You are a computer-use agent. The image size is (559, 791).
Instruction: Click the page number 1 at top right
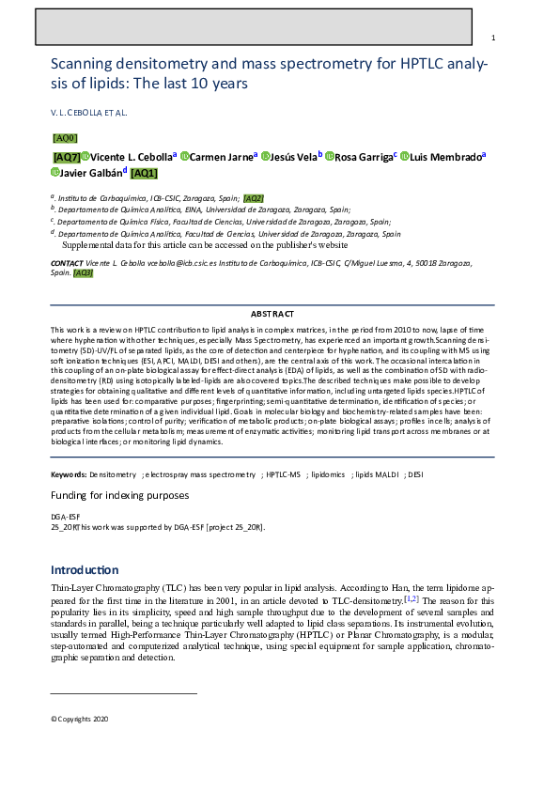pyautogui.click(x=493, y=38)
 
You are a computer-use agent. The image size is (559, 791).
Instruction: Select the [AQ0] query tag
pyautogui.click(x=65, y=137)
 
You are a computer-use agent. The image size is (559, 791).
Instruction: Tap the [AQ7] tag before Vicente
pyautogui.click(x=66, y=157)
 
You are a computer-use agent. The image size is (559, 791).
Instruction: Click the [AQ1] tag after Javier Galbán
pyautogui.click(x=144, y=173)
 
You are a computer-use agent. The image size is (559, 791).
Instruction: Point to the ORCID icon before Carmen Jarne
pyautogui.click(x=184, y=156)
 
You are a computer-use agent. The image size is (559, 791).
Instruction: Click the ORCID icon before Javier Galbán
pyautogui.click(x=55, y=173)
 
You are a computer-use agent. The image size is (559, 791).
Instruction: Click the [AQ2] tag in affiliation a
pyautogui.click(x=254, y=198)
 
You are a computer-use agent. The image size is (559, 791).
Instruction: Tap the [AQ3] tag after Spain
pyautogui.click(x=84, y=272)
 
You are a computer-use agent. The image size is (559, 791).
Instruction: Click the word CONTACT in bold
pyautogui.click(x=68, y=263)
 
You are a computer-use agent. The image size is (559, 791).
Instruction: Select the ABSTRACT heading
pyautogui.click(x=272, y=313)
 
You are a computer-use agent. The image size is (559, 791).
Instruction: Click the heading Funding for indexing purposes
pyautogui.click(x=119, y=495)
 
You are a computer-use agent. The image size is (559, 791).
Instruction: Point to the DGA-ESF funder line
pyautogui.click(x=65, y=517)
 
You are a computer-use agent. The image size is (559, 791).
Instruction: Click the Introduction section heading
pyautogui.click(x=85, y=570)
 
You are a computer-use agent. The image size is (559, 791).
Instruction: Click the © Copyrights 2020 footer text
pyautogui.click(x=80, y=719)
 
